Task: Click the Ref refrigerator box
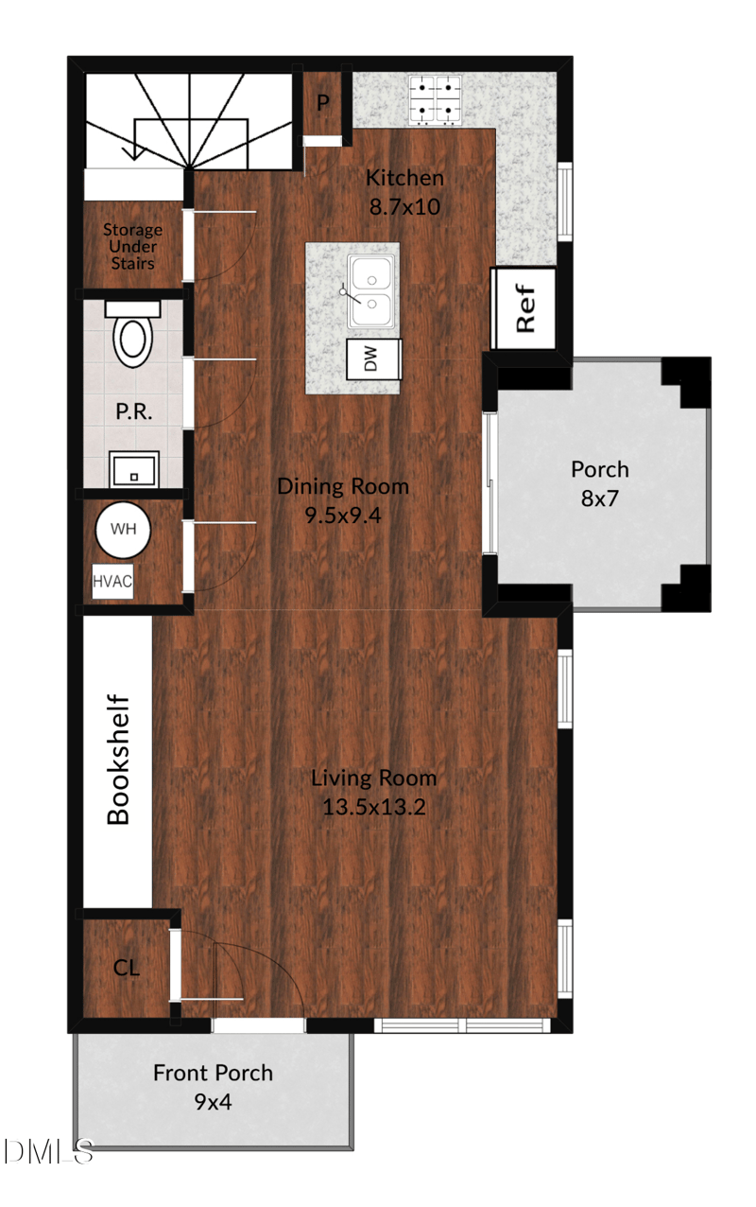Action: click(524, 308)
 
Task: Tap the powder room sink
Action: click(131, 467)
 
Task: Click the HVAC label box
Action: click(112, 583)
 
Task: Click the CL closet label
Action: click(127, 968)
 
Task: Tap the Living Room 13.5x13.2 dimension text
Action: click(374, 808)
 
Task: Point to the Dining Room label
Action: click(343, 486)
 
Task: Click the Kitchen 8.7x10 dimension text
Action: click(404, 206)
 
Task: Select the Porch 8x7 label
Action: click(599, 482)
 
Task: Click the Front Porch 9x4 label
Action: click(213, 1086)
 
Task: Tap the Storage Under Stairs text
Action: click(132, 246)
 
